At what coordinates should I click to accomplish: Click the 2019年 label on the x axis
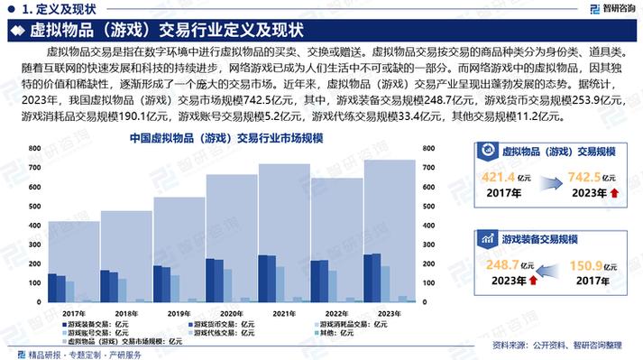pos(179,312)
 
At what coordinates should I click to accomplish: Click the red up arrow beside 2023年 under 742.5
pos(613,193)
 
